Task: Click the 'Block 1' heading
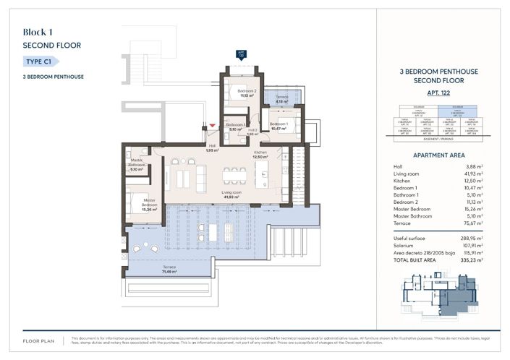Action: pos(38,32)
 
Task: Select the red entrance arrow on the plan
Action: pos(212,126)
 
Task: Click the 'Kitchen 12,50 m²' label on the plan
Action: pos(260,155)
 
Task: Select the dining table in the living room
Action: pos(233,177)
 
